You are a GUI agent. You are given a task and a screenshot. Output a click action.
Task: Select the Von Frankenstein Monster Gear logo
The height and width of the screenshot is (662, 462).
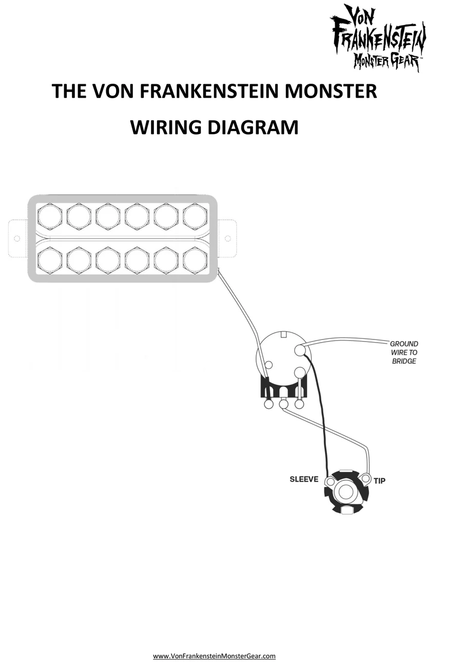point(378,37)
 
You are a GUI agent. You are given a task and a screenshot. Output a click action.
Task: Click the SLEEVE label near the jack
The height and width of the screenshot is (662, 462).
point(304,479)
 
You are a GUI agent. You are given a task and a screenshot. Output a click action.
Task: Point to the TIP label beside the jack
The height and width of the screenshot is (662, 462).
point(379,481)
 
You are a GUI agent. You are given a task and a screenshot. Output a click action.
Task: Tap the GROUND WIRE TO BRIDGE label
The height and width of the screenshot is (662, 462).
point(405,352)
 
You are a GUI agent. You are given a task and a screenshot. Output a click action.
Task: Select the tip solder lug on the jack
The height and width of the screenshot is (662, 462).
point(365,479)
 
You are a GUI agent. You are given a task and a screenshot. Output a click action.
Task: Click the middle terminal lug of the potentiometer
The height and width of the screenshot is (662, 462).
point(283,404)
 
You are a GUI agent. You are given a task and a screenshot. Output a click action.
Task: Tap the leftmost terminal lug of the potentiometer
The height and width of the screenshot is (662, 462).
point(268,404)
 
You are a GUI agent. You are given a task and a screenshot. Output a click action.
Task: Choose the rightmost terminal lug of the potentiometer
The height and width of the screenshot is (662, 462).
point(299,404)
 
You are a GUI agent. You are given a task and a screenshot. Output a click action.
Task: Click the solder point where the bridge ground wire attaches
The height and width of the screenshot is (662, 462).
point(300,350)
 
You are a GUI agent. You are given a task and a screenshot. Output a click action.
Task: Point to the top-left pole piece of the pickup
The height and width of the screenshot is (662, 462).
point(50,216)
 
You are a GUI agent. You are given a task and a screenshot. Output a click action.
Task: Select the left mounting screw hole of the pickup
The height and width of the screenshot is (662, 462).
point(16,238)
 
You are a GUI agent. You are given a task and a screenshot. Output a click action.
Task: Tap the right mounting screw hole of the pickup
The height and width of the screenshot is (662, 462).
point(227,238)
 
